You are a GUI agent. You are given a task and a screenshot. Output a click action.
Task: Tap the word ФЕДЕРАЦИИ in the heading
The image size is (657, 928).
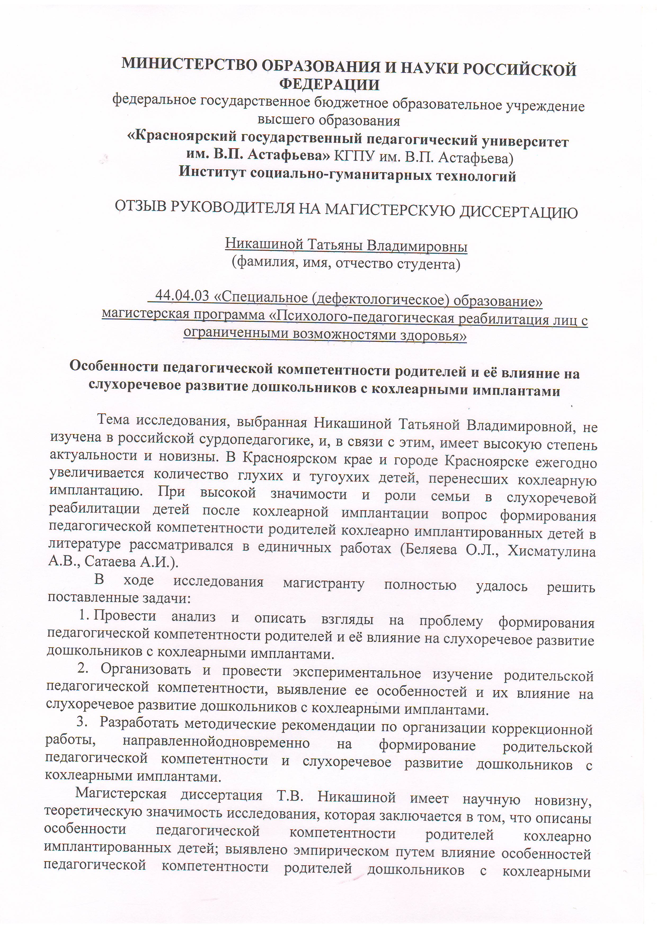point(330,84)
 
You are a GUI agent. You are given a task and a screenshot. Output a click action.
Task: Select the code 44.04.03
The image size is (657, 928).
point(182,296)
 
